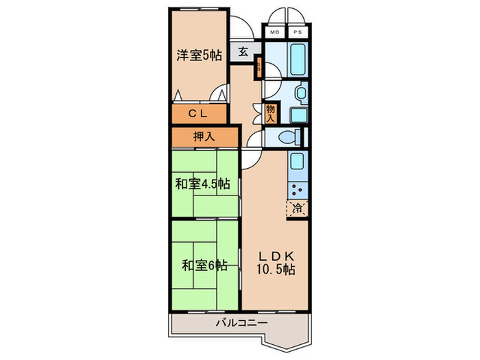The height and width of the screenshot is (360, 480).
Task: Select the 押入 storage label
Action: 204,136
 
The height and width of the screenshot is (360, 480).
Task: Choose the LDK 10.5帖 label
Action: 276,262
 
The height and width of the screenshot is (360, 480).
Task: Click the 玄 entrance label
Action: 244,51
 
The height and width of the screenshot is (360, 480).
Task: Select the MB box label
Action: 274,32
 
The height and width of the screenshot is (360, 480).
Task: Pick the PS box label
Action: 298,32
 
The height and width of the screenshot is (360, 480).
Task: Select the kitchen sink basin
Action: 297,163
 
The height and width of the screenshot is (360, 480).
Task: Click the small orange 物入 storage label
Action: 270,113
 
